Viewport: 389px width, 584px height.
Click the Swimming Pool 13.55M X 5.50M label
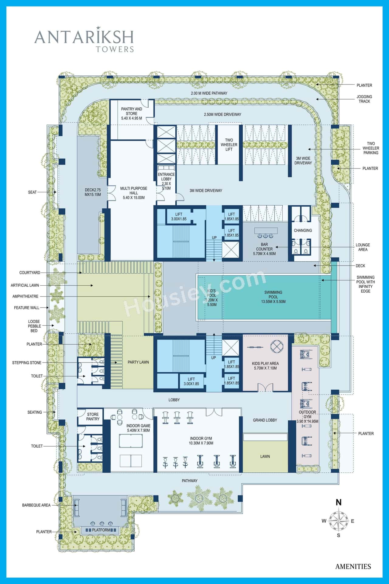click(273, 297)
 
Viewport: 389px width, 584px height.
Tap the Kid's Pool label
click(212, 298)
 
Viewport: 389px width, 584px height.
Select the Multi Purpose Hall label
click(134, 193)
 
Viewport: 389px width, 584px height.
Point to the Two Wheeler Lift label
click(229, 145)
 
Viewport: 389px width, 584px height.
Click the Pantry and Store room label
click(132, 113)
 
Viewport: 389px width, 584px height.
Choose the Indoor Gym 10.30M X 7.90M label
click(201, 441)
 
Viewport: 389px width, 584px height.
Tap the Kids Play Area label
click(265, 366)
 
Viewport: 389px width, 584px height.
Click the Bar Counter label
click(264, 249)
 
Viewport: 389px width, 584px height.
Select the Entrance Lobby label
click(166, 181)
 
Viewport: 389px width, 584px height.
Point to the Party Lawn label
click(138, 362)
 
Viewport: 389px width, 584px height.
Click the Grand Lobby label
click(265, 420)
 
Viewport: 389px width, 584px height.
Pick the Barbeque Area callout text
click(36, 505)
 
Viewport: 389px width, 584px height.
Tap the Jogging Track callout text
click(364, 99)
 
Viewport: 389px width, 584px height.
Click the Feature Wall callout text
click(27, 308)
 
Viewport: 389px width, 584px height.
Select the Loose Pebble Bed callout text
click(34, 326)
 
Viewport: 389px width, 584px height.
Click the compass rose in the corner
click(339, 521)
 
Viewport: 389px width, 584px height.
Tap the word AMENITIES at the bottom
click(353, 566)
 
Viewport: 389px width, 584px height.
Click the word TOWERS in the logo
click(115, 49)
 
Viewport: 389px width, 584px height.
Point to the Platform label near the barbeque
click(101, 530)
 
